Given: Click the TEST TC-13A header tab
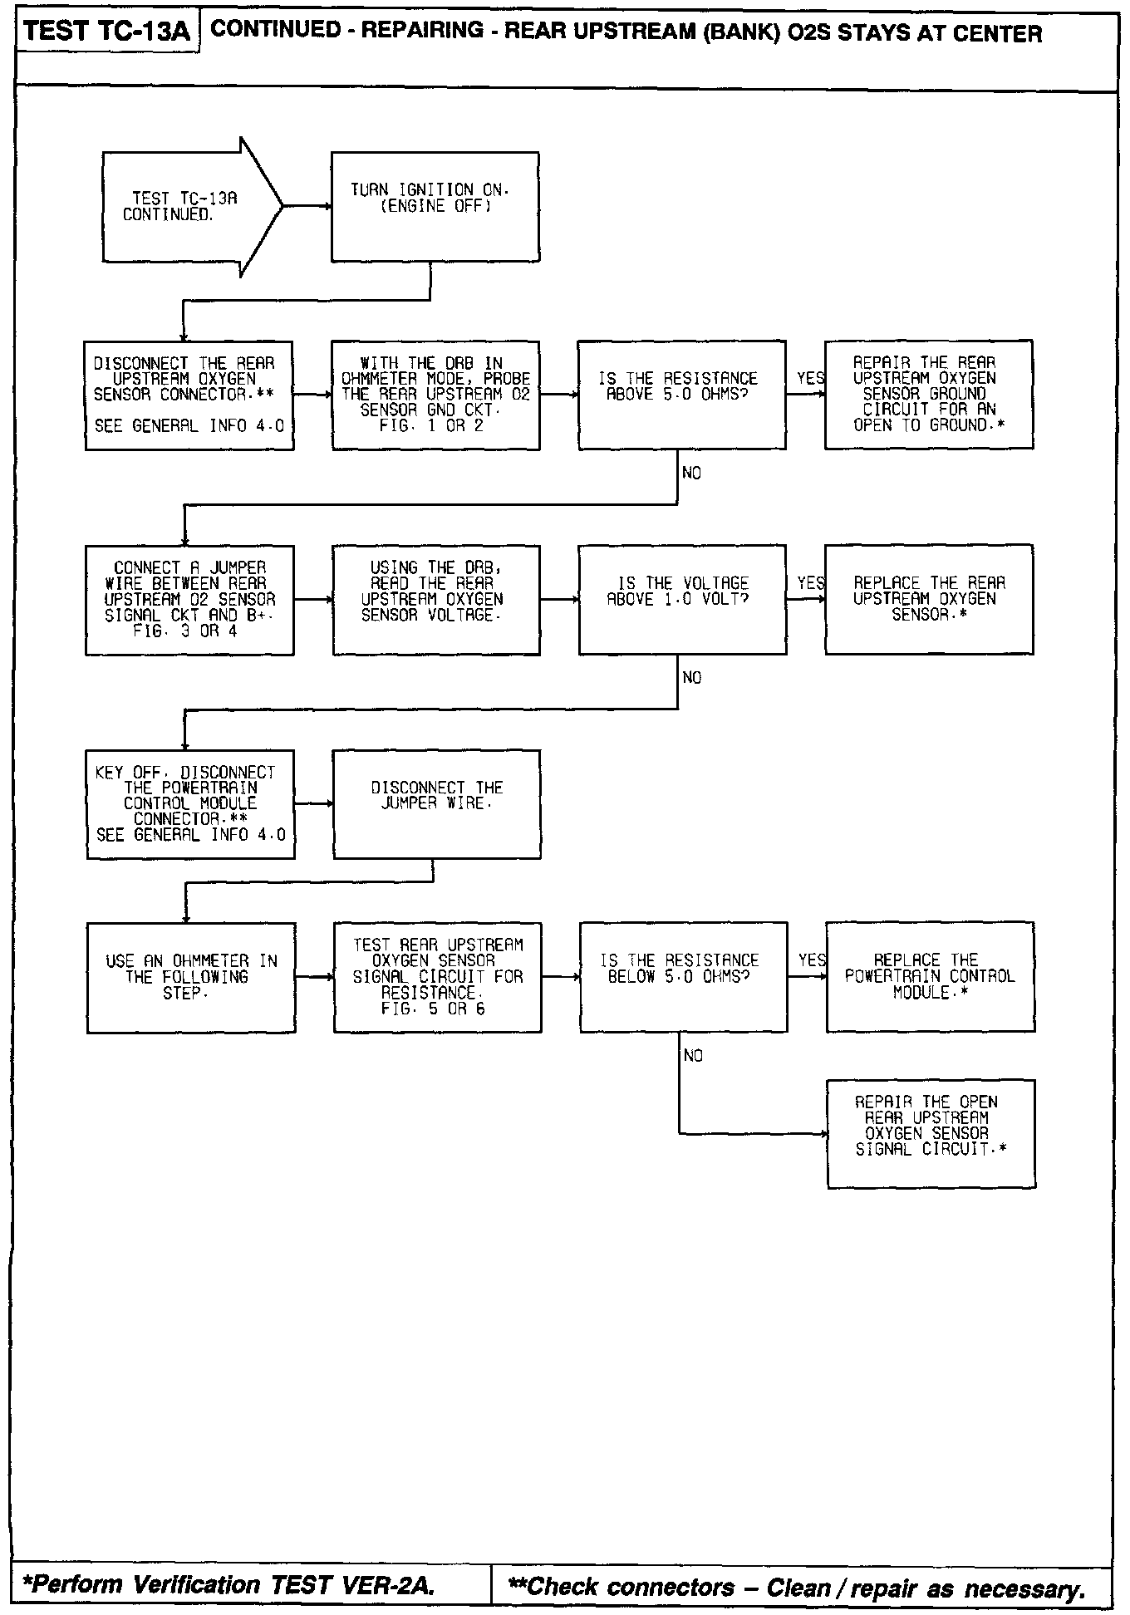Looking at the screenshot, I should (x=107, y=32).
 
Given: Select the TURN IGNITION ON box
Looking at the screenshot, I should (x=435, y=206).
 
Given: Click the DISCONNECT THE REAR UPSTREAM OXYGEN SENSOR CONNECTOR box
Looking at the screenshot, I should (x=189, y=395).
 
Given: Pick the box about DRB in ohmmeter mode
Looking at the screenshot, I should (x=435, y=395).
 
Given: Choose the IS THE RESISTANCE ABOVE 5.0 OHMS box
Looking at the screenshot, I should (x=681, y=395).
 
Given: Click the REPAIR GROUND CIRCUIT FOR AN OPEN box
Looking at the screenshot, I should (x=928, y=395).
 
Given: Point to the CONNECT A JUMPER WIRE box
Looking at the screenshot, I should (x=189, y=600).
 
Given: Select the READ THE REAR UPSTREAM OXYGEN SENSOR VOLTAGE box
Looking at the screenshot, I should (x=435, y=600).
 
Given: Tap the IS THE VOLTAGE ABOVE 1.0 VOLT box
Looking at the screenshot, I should (x=682, y=600).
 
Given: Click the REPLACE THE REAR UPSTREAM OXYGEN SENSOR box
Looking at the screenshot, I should (x=928, y=600).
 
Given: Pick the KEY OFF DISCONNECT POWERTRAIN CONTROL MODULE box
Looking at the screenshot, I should (x=190, y=804).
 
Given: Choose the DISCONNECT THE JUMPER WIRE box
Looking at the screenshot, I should (x=436, y=804).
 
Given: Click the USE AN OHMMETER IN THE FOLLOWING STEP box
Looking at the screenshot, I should (x=190, y=978).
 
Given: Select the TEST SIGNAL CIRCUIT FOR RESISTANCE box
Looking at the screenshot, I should (x=437, y=978).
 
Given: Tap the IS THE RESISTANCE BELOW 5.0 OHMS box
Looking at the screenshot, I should (x=683, y=977).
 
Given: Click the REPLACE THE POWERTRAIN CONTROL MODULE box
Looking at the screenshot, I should (x=930, y=977).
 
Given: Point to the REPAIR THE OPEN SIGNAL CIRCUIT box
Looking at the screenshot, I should (x=931, y=1134).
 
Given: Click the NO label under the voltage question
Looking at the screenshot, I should (x=691, y=678).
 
